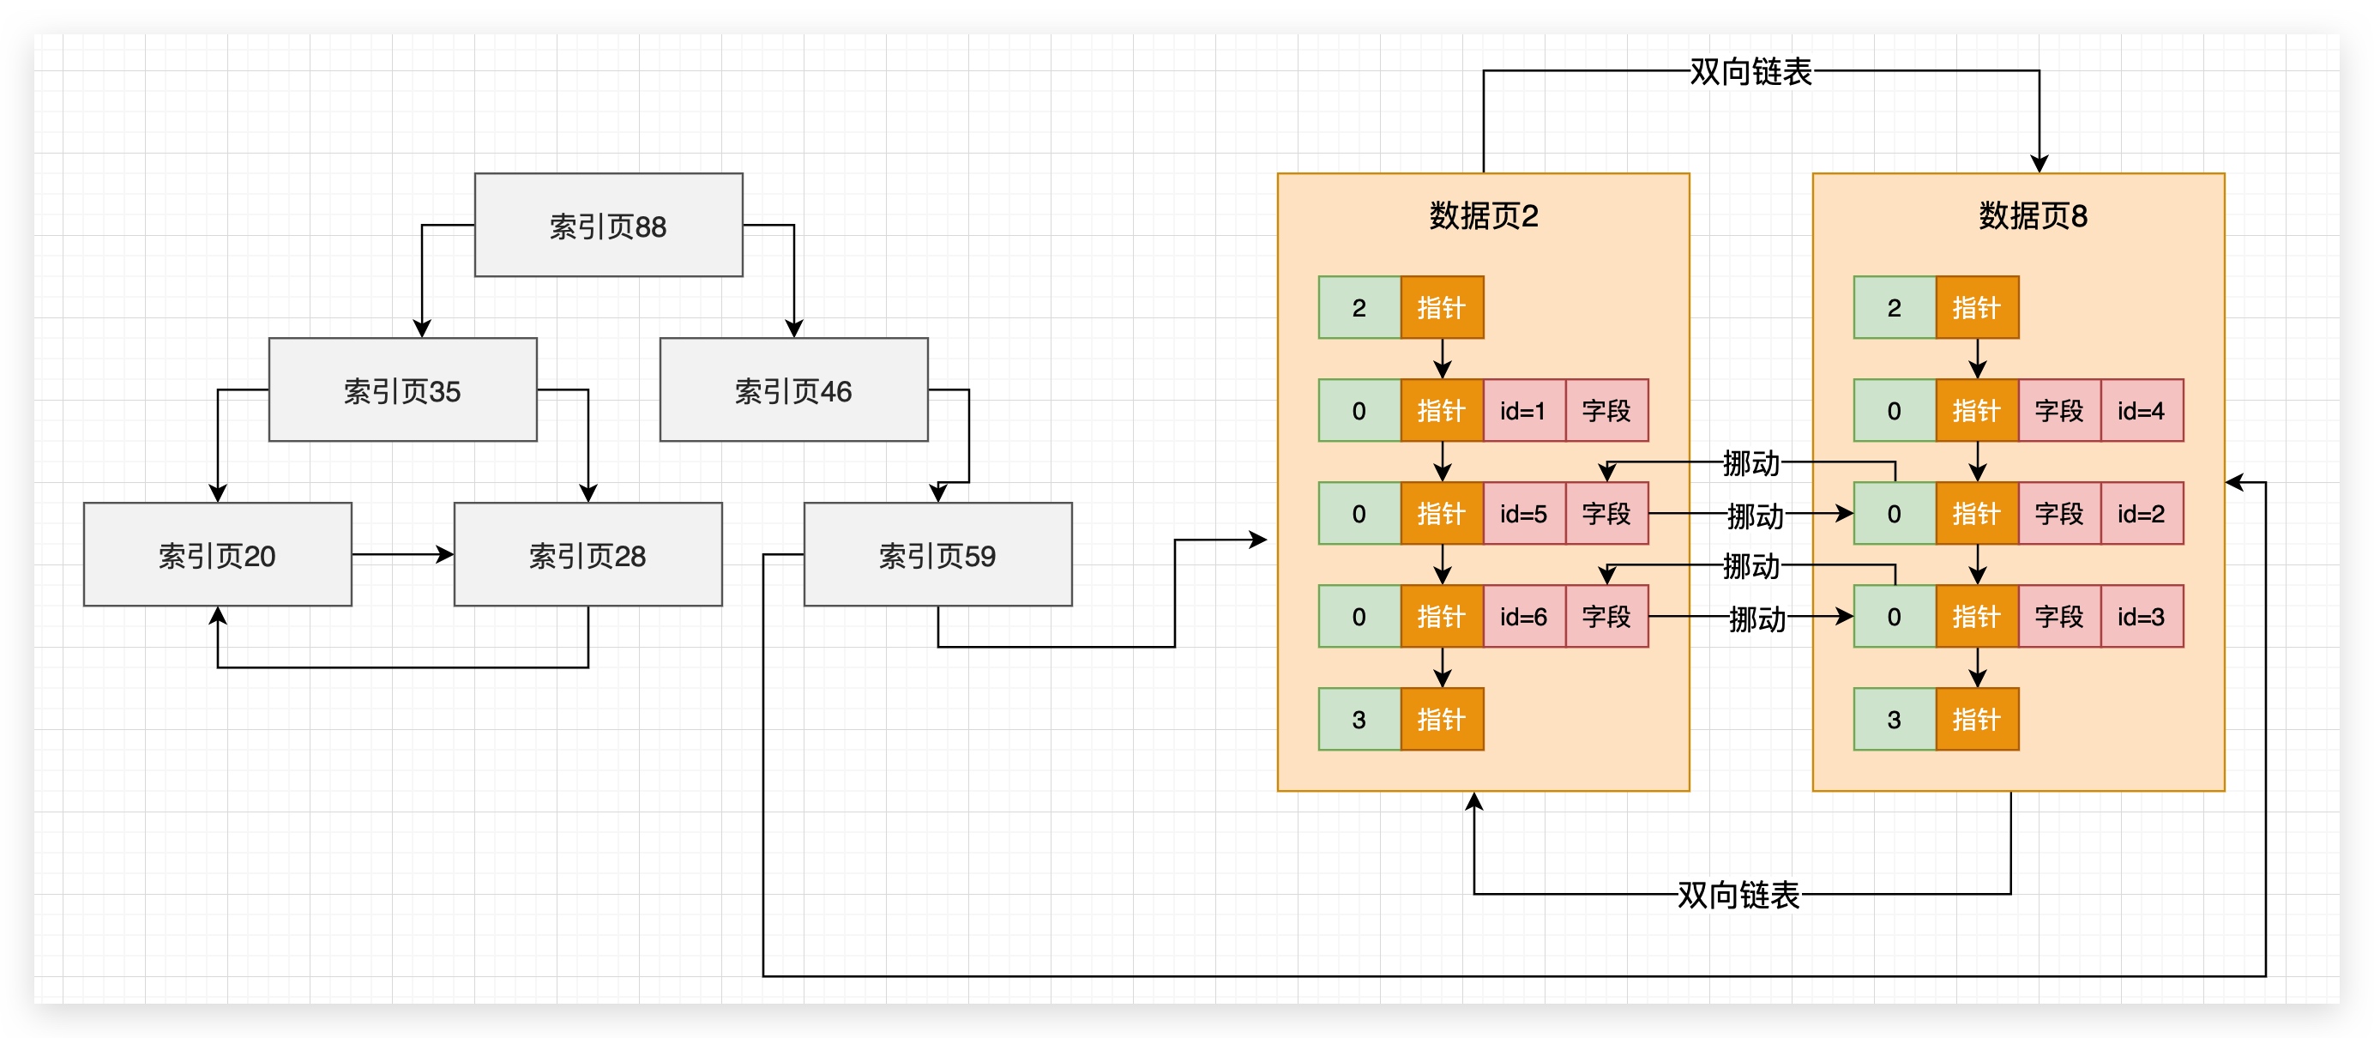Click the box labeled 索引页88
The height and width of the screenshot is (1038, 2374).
[608, 225]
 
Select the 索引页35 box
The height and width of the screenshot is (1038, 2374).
[403, 390]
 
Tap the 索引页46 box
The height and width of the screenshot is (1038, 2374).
[793, 390]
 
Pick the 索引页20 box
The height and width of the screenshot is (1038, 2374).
[218, 554]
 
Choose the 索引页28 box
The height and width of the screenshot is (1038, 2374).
[588, 554]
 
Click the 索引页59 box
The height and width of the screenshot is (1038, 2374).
[937, 554]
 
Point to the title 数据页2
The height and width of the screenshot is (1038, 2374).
[1483, 215]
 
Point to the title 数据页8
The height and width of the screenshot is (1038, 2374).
[2032, 215]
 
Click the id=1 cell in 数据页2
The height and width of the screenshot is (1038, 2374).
[1523, 410]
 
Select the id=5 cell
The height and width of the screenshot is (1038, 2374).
[1523, 514]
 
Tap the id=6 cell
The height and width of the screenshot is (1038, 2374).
[1523, 617]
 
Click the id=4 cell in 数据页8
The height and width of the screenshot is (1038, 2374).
[2141, 410]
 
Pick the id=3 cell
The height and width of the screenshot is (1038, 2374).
[2141, 617]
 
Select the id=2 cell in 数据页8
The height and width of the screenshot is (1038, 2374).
[2141, 514]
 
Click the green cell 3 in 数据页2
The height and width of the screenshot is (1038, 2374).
[1359, 719]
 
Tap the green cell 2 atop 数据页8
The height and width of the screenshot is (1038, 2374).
[1894, 308]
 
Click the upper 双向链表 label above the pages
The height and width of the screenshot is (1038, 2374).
[1750, 71]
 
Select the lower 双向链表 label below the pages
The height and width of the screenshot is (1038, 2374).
[1738, 894]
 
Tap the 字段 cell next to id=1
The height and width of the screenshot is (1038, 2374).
[1606, 410]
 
